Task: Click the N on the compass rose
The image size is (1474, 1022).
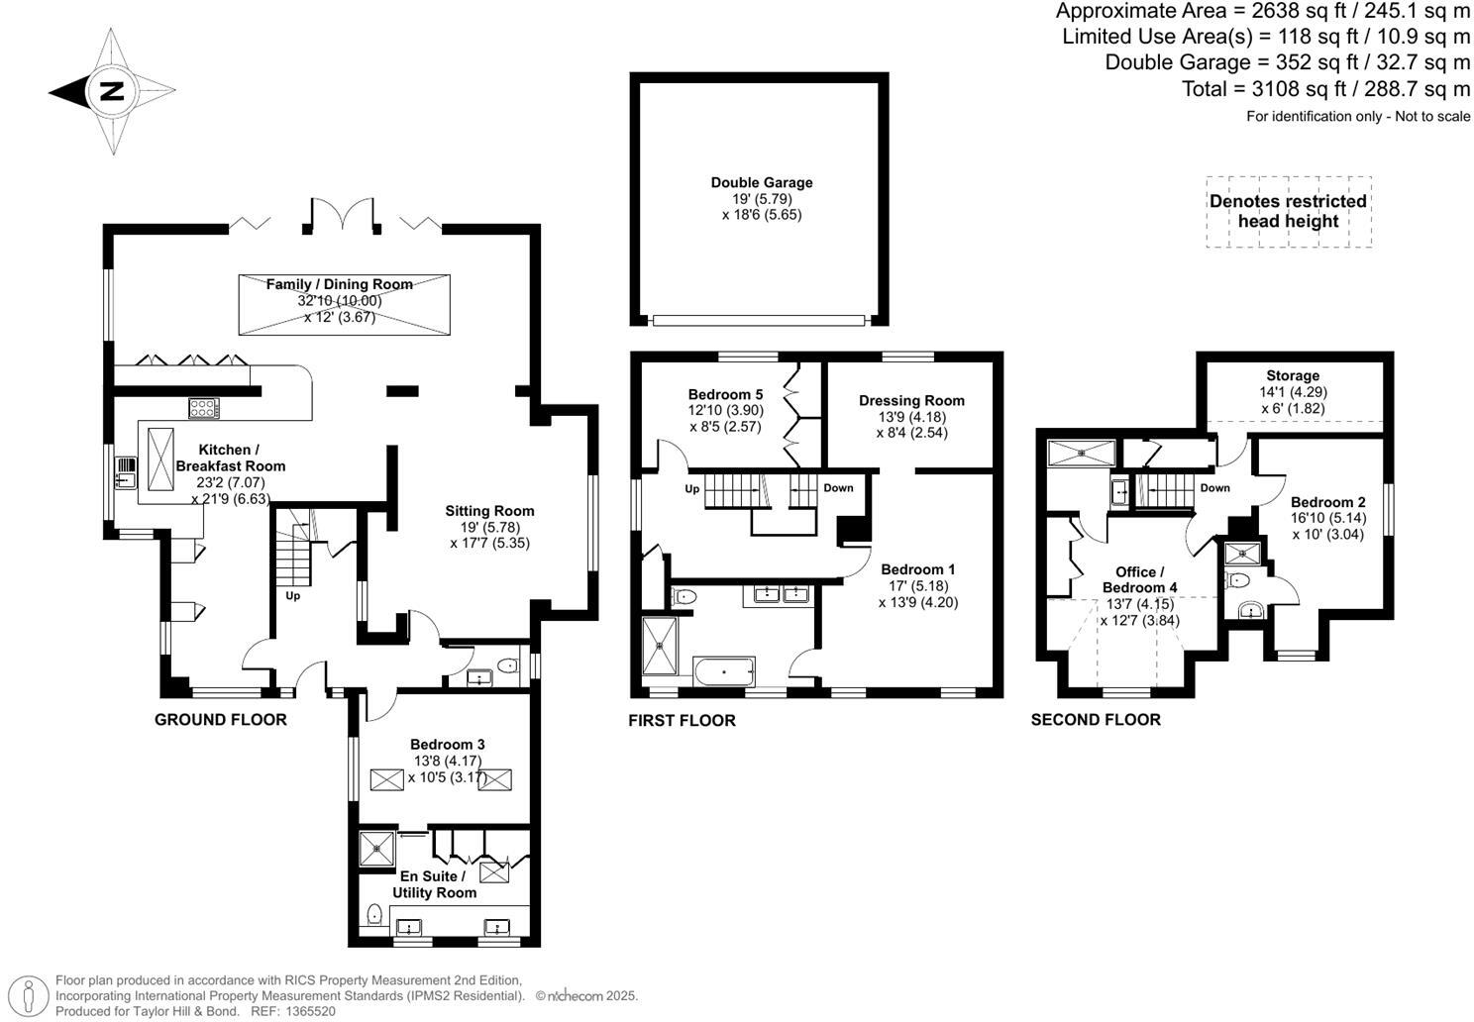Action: click(111, 92)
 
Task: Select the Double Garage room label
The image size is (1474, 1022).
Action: click(761, 182)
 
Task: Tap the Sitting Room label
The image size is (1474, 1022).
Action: click(488, 511)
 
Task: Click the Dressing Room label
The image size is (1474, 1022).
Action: click(911, 400)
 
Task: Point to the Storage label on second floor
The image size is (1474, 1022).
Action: click(1292, 375)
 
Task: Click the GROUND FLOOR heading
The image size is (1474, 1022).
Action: click(220, 720)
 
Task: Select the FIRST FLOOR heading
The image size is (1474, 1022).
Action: click(682, 720)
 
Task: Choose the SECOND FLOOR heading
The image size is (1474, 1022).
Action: click(1095, 720)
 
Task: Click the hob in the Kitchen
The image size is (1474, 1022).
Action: click(204, 407)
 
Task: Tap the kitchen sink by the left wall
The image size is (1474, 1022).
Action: click(125, 472)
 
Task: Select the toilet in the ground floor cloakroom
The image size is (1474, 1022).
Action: click(506, 665)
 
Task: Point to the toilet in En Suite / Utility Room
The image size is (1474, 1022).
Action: click(375, 914)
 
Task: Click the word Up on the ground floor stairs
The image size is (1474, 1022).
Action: click(292, 596)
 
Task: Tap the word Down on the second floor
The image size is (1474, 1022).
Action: click(1214, 488)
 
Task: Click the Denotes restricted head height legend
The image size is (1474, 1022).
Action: click(1288, 211)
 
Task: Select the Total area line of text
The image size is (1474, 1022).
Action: click(1325, 89)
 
